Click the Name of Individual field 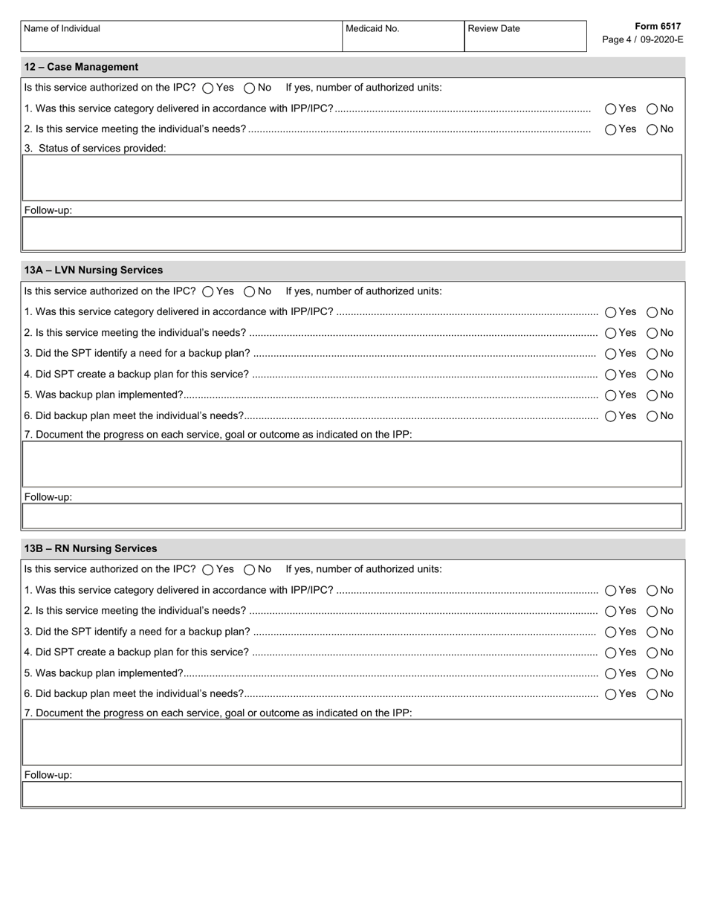(x=181, y=41)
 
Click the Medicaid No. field (x=403, y=41)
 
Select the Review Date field (x=525, y=41)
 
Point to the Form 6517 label (x=658, y=26)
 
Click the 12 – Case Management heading (x=81, y=67)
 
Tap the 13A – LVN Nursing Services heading (x=93, y=270)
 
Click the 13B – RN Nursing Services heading (x=90, y=548)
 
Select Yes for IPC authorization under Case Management (x=208, y=88)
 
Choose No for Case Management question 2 (x=652, y=129)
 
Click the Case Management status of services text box (x=352, y=178)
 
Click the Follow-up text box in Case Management (x=352, y=233)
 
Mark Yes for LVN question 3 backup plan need (x=611, y=354)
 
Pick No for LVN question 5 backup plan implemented (x=652, y=395)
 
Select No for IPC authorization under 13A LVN (x=250, y=291)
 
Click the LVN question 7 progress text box (x=352, y=464)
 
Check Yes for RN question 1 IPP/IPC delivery (x=611, y=591)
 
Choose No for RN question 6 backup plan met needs (x=652, y=694)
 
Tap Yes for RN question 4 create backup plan (x=611, y=652)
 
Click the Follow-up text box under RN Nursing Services (x=352, y=794)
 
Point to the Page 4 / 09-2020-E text (x=642, y=39)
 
